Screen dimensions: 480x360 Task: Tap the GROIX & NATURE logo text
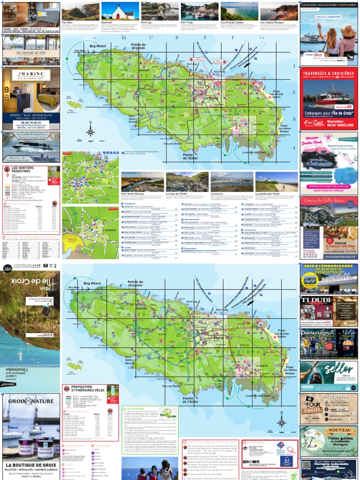30,401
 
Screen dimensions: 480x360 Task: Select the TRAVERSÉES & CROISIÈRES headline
329,74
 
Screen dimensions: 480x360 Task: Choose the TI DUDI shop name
314,300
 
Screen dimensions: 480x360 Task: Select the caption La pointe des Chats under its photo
268,194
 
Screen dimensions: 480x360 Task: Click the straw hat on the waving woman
348,31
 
